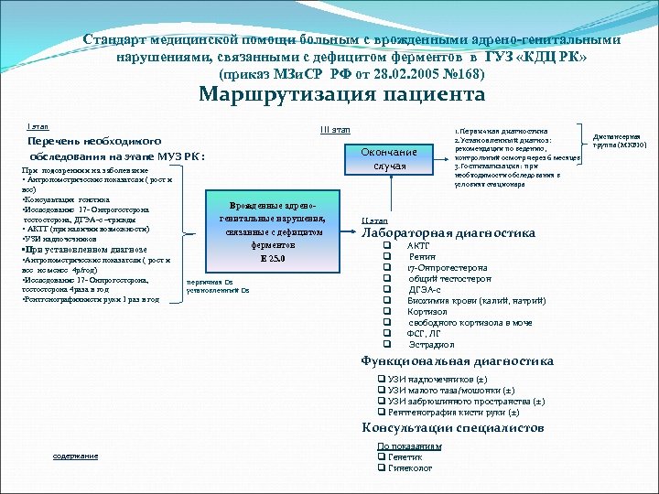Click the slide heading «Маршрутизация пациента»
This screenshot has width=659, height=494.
341,95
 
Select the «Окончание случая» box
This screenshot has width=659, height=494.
389,159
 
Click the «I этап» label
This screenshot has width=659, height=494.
38,126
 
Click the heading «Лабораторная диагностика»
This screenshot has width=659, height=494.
448,233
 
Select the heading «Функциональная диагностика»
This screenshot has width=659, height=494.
457,361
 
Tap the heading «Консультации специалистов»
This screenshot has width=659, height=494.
452,428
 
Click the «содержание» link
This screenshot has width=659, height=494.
75,456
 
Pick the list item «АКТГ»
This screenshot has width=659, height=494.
417,246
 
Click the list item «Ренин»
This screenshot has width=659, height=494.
421,257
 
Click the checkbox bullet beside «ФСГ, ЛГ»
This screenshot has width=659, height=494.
387,334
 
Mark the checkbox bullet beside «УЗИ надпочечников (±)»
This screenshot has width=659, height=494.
382,379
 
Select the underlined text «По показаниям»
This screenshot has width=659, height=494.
409,446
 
